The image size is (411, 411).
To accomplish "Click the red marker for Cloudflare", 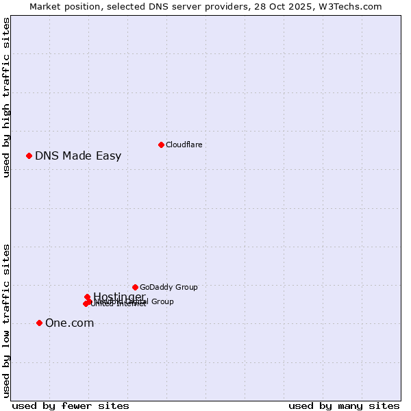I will [x=161, y=145].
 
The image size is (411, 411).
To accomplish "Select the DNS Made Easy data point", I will [x=29, y=155].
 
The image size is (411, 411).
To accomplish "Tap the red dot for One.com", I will [x=39, y=323].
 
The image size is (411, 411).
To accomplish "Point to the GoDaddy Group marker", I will [x=135, y=287].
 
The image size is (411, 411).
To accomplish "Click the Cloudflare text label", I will [x=184, y=145].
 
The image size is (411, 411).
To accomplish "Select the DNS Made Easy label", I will [x=78, y=155].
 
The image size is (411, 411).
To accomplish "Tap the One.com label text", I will [x=69, y=323].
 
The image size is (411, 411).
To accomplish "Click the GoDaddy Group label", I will [x=169, y=287].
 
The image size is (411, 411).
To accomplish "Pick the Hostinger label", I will [x=119, y=297].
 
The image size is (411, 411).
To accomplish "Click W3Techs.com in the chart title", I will [x=352, y=6].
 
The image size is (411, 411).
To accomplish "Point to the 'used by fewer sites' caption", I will [x=70, y=406].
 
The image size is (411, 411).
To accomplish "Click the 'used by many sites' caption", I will [x=344, y=406].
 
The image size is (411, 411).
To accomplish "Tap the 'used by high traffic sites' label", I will [x=6, y=97].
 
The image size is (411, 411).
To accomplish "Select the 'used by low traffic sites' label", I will [x=6, y=321].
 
